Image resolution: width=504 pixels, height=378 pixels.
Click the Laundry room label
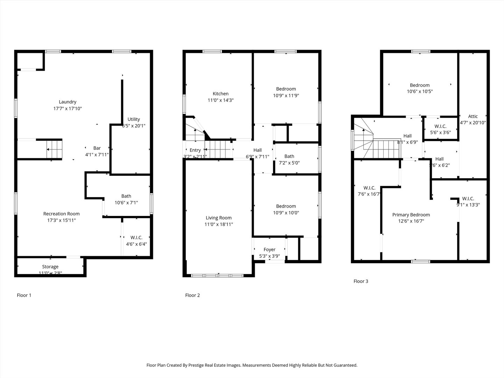68,102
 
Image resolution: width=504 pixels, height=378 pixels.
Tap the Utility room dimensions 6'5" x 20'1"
134,125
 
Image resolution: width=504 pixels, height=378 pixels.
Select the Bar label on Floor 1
97,148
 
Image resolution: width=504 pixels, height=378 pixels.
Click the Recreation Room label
61,213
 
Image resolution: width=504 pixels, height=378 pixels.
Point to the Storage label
50,267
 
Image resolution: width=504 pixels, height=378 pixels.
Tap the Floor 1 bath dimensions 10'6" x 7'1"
126,203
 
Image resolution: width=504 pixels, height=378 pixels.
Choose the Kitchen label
220,93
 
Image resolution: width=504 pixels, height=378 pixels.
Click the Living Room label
219,218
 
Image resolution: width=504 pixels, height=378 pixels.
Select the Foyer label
269,250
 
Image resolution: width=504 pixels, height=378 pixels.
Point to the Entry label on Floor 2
195,150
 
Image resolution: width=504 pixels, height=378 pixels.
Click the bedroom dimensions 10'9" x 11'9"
286,95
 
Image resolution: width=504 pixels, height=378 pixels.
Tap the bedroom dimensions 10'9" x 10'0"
286,212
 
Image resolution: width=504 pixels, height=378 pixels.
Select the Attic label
473,116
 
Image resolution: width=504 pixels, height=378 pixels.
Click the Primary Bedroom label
411,215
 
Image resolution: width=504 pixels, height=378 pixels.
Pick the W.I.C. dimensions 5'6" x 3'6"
440,132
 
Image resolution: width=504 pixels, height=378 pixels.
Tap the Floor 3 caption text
361,281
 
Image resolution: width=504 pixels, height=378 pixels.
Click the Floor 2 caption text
192,295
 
